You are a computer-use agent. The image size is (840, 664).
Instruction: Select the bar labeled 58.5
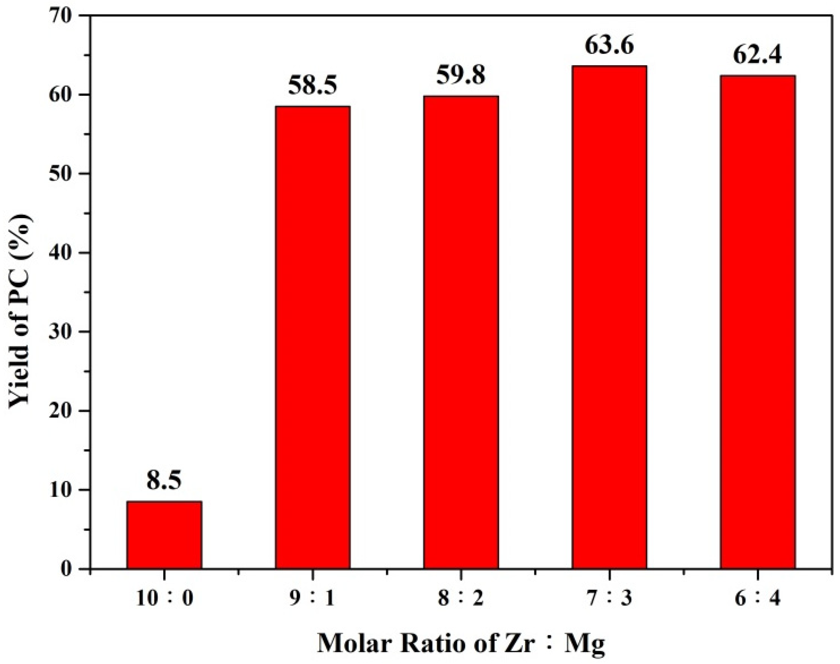pyautogui.click(x=313, y=337)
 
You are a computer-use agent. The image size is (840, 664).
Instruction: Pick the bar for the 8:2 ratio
pyautogui.click(x=461, y=332)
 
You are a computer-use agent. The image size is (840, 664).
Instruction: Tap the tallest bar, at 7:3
pyautogui.click(x=609, y=317)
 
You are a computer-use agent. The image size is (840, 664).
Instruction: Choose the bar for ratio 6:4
pyautogui.click(x=758, y=322)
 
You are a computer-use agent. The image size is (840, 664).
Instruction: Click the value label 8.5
pyautogui.click(x=164, y=480)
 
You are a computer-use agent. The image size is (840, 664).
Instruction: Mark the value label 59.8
pyautogui.click(x=461, y=75)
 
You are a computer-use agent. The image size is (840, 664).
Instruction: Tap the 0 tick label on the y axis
pyautogui.click(x=67, y=569)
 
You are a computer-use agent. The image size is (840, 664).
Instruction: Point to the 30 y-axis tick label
pyautogui.click(x=61, y=332)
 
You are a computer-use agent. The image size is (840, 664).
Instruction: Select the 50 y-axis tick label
pyautogui.click(x=61, y=174)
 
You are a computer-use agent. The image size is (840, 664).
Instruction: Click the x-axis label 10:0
pyautogui.click(x=164, y=599)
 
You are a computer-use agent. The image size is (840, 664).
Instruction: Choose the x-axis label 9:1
pyautogui.click(x=313, y=599)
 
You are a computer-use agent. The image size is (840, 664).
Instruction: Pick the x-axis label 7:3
pyautogui.click(x=609, y=599)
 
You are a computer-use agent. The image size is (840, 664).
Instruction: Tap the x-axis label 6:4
pyautogui.click(x=758, y=599)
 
